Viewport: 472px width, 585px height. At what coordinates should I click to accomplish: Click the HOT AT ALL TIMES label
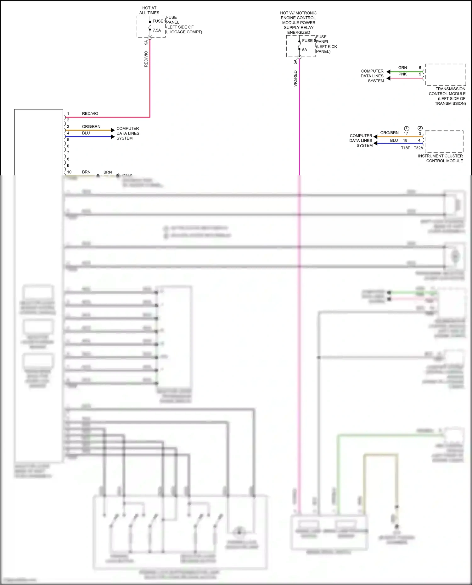tap(149, 10)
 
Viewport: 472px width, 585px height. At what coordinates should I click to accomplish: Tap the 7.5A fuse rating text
tap(157, 30)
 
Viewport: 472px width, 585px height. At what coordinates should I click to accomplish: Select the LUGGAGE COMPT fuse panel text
tap(184, 32)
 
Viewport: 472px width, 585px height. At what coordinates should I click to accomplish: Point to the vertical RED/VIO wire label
tap(146, 59)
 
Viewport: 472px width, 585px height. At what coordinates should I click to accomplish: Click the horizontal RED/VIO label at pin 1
tap(90, 113)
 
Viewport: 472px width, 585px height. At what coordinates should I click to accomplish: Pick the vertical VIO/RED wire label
tap(295, 78)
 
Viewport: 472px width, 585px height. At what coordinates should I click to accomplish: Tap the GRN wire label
tap(402, 68)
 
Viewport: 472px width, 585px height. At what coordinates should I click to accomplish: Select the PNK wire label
tap(402, 74)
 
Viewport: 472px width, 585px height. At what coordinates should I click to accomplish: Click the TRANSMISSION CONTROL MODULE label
tap(447, 94)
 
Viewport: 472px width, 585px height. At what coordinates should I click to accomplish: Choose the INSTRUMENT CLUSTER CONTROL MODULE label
tap(441, 158)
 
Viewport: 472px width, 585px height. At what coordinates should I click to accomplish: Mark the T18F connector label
tap(405, 148)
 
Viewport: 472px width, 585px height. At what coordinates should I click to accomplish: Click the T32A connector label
tap(418, 148)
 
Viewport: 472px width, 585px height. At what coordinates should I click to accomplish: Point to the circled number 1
tap(407, 128)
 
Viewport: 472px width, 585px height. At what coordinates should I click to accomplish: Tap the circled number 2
tap(420, 128)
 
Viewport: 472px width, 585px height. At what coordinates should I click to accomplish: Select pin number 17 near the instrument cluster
tap(406, 134)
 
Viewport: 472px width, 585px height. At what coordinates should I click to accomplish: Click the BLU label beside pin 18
tap(394, 141)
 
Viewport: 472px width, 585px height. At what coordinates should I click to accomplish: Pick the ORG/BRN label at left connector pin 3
tap(91, 127)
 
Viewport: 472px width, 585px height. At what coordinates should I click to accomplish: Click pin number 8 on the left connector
tap(68, 159)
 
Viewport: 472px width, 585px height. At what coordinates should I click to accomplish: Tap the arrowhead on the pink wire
tap(389, 78)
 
